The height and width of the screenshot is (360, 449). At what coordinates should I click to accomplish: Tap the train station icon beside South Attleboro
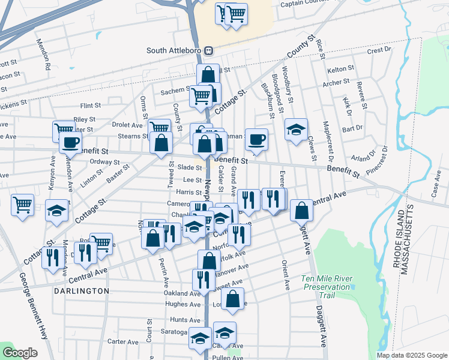coord(208,50)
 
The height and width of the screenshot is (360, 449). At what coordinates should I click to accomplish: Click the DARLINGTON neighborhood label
coord(82,290)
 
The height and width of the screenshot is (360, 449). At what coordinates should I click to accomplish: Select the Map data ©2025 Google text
coord(412,355)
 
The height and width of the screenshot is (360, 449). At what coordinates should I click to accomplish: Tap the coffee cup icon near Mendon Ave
coord(70,143)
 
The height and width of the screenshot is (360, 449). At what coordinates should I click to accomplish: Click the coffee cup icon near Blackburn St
coord(256,139)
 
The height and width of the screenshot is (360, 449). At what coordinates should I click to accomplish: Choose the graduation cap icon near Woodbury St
coord(296,130)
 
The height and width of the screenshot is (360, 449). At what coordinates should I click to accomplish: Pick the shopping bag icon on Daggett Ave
coord(301,210)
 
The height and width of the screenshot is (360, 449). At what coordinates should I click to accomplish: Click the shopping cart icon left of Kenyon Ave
coord(22,204)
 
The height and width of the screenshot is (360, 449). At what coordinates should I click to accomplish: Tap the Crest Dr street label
coord(379,50)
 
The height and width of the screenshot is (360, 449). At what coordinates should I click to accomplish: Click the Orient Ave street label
coord(286,275)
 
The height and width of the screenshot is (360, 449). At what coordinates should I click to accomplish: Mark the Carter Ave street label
coord(124,342)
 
